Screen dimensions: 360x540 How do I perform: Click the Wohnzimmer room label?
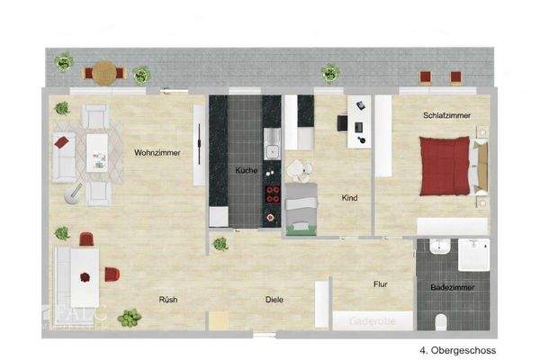pos(157,153)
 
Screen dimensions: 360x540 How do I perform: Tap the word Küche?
pos(247,171)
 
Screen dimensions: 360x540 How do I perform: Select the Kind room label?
pos(352,198)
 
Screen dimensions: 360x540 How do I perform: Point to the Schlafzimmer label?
pos(447,115)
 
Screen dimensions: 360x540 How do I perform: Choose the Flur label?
pos(382,284)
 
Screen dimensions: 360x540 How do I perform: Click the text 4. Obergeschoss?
pos(457,350)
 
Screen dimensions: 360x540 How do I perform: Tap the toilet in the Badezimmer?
pos(439,322)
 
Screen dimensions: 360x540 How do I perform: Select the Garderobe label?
pos(373,319)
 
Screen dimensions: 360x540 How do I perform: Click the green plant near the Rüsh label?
pos(130,317)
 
